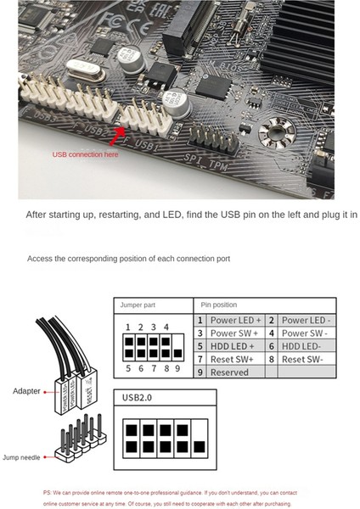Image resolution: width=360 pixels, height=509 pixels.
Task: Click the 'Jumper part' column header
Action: tap(140, 304)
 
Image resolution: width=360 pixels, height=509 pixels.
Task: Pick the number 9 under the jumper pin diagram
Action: tap(176, 369)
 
